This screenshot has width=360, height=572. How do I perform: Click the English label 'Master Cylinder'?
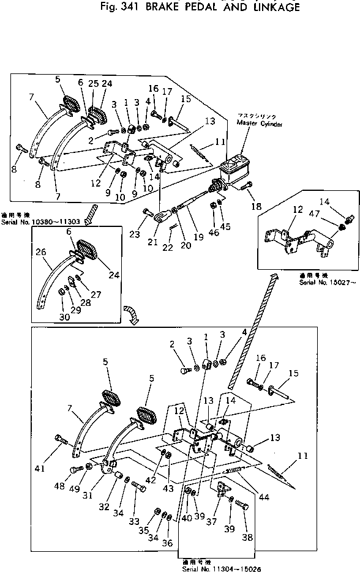click(260, 122)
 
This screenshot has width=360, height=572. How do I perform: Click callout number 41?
click(41, 469)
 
